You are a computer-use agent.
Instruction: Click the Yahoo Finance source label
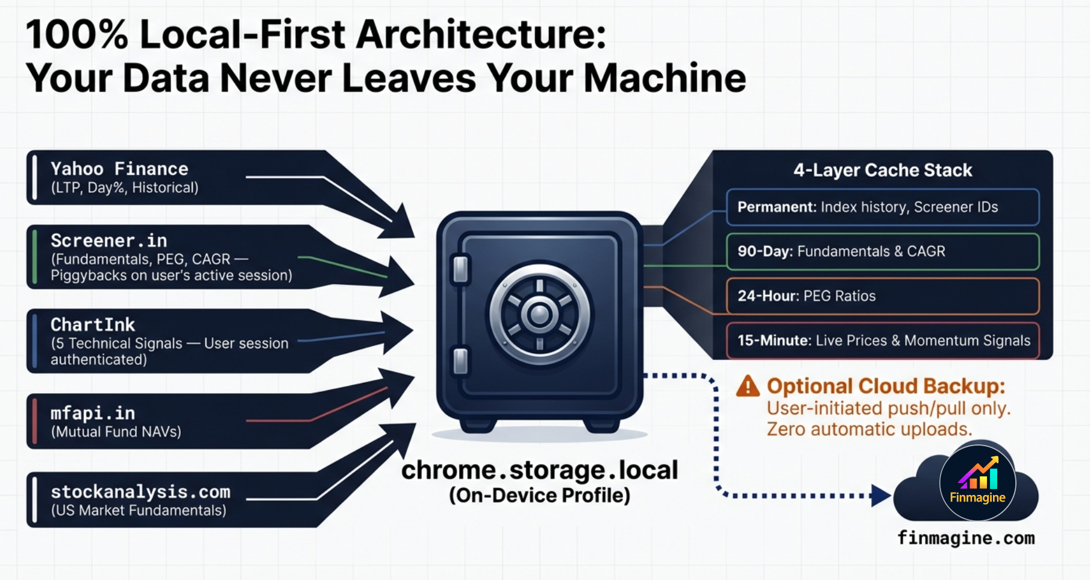pos(119,169)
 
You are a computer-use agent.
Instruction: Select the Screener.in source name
pos(109,241)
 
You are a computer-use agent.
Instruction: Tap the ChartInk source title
pos(93,325)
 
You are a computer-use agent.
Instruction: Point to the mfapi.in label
pos(93,413)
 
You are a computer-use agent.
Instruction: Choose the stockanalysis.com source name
pos(140,492)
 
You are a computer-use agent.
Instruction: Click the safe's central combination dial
pos(539,314)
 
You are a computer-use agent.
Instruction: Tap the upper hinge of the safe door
pos(460,269)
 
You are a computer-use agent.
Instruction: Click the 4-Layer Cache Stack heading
pos(882,171)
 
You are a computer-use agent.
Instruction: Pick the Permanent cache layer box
pos(882,207)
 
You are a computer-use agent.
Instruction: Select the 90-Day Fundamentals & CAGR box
pos(882,251)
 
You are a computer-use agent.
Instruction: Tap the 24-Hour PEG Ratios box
pos(882,296)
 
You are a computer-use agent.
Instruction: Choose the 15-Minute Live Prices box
pos(882,341)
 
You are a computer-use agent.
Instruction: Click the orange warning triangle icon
pos(748,386)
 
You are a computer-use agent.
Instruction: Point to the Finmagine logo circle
pos(977,483)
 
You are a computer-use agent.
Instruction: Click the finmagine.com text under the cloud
pos(966,538)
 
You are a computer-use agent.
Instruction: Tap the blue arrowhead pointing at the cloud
pos(880,496)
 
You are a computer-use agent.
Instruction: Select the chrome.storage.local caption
pos(539,470)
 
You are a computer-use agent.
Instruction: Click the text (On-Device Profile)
pos(539,496)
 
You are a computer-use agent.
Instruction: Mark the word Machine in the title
pos(665,78)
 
